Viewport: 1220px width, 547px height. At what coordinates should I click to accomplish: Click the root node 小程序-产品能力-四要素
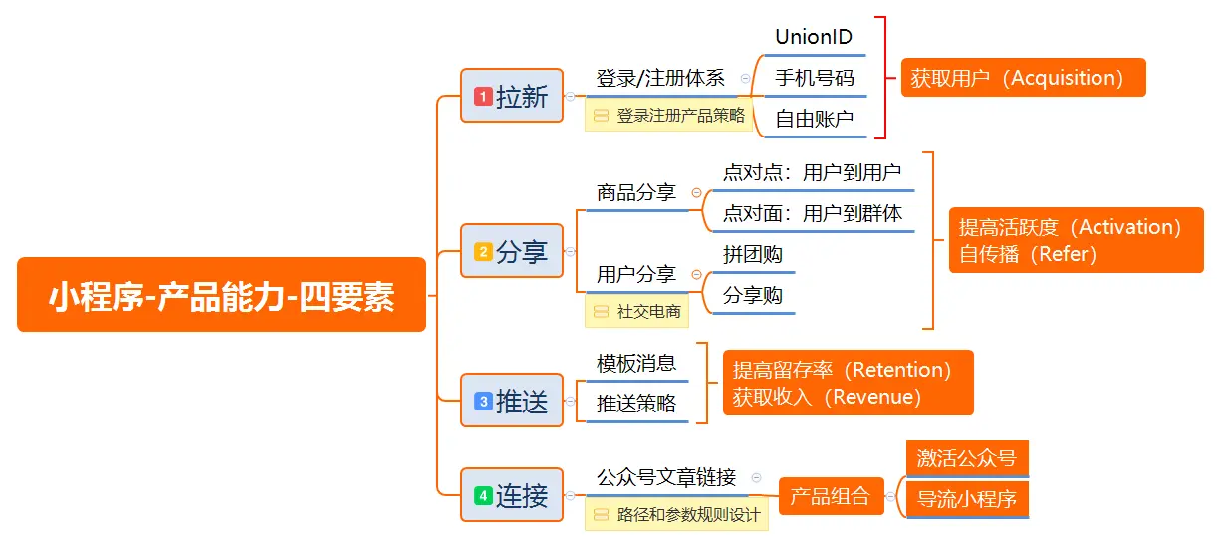221,295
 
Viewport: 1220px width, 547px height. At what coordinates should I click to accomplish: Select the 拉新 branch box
512,96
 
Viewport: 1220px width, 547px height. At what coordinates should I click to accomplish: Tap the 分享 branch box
512,252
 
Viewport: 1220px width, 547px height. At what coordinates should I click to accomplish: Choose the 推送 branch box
512,401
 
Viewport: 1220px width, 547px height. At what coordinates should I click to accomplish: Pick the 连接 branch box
512,495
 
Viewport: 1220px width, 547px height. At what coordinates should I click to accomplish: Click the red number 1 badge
483,97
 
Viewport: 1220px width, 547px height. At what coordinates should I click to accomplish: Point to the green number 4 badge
483,495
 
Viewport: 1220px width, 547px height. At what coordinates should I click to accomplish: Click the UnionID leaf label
814,38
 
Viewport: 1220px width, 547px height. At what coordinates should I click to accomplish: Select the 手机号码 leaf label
814,78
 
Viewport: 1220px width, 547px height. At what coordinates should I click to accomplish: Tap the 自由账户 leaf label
814,119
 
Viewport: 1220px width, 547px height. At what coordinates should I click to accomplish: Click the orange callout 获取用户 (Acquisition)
1024,78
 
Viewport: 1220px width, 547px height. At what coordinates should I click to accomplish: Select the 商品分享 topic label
635,193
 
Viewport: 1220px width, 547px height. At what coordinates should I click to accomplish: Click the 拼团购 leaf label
752,255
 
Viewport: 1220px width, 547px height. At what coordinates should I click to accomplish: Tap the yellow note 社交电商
637,312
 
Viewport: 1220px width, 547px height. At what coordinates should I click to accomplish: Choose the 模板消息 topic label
635,363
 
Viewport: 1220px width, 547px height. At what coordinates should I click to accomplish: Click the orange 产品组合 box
830,496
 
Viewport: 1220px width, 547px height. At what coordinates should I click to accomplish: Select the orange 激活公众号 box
966,459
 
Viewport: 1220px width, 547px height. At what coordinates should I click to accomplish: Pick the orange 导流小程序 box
966,499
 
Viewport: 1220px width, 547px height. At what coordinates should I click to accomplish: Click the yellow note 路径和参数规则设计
676,515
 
